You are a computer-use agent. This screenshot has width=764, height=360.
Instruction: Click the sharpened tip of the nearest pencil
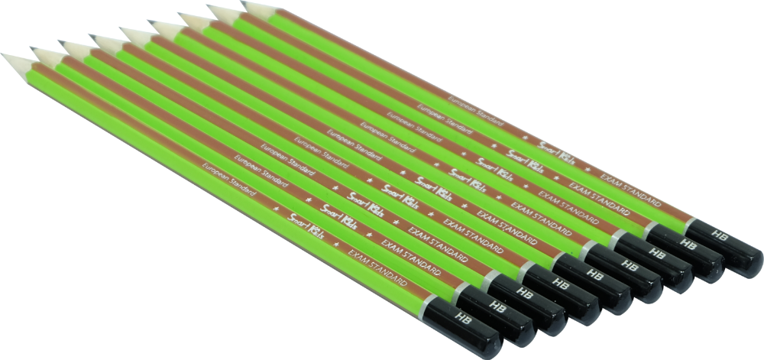pyautogui.click(x=6, y=55)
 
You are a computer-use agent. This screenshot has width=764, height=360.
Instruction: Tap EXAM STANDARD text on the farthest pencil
pyautogui.click(x=634, y=191)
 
